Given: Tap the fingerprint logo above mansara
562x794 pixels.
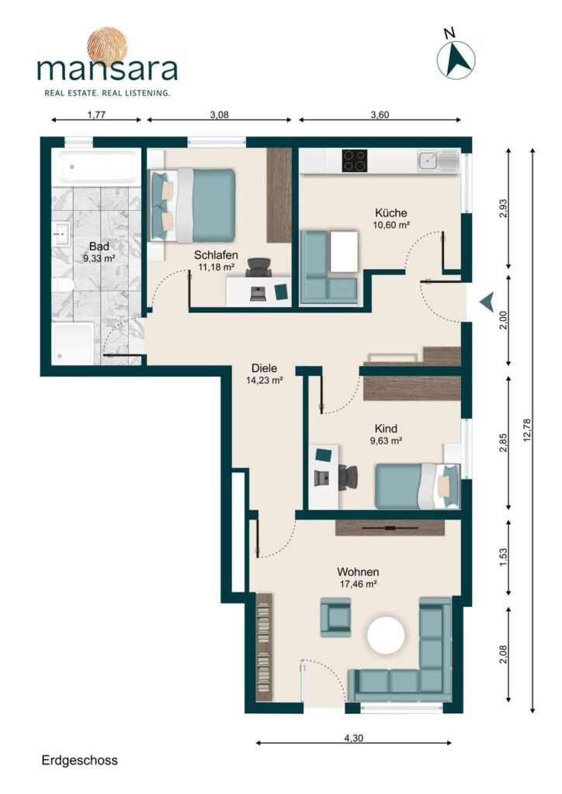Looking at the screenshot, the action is [x=107, y=47].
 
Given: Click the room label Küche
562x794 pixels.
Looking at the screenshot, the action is [x=390, y=212].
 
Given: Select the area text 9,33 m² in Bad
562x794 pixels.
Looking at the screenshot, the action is [x=99, y=258].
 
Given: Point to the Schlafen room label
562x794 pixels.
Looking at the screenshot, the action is [x=216, y=255].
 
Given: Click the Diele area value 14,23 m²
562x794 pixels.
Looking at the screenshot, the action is [x=264, y=380].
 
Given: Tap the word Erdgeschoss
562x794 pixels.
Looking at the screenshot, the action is [x=79, y=760].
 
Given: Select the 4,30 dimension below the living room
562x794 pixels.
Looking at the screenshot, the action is [x=353, y=738].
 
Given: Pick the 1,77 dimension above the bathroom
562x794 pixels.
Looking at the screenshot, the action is [x=96, y=115].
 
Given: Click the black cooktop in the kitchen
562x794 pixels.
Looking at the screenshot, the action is [x=355, y=161].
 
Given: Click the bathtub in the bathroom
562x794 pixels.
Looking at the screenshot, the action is [x=96, y=167].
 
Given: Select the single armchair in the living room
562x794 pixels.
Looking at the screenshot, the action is [x=335, y=616].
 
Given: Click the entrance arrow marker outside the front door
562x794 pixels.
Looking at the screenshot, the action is [x=487, y=302].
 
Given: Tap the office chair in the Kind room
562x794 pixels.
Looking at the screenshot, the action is [x=348, y=477].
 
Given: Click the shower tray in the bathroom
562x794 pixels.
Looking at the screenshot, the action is [x=73, y=343].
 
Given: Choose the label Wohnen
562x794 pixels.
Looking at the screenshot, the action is [x=358, y=572].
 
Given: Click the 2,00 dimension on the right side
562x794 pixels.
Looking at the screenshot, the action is [x=503, y=320].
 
